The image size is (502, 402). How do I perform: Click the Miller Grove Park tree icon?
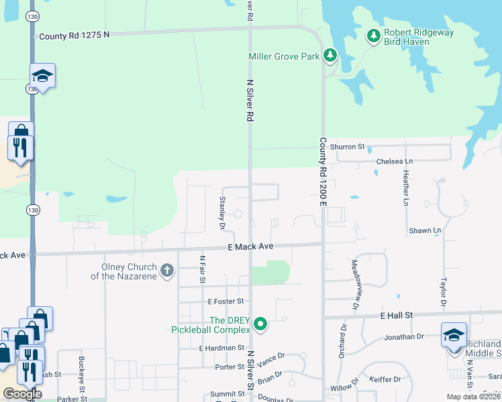[x=330, y=56]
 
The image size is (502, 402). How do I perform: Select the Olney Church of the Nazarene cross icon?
[x=166, y=271]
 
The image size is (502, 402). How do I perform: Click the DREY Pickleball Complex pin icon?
[x=261, y=325]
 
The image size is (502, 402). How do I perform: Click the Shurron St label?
[x=350, y=146]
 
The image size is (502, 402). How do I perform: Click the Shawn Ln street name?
[x=425, y=230]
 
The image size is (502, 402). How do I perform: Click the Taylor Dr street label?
[x=443, y=292]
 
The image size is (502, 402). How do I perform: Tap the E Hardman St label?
[x=221, y=348]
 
